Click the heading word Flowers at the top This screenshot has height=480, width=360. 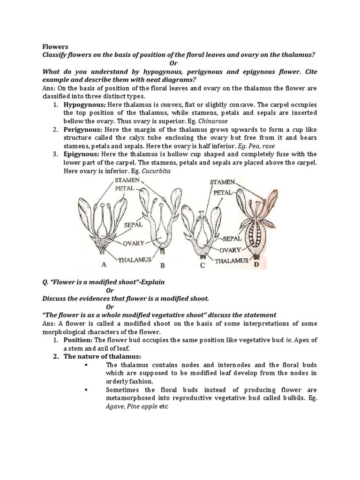[55, 46]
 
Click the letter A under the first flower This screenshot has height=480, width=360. [104, 264]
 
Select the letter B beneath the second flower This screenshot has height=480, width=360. [163, 266]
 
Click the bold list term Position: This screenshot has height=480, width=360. [78, 340]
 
